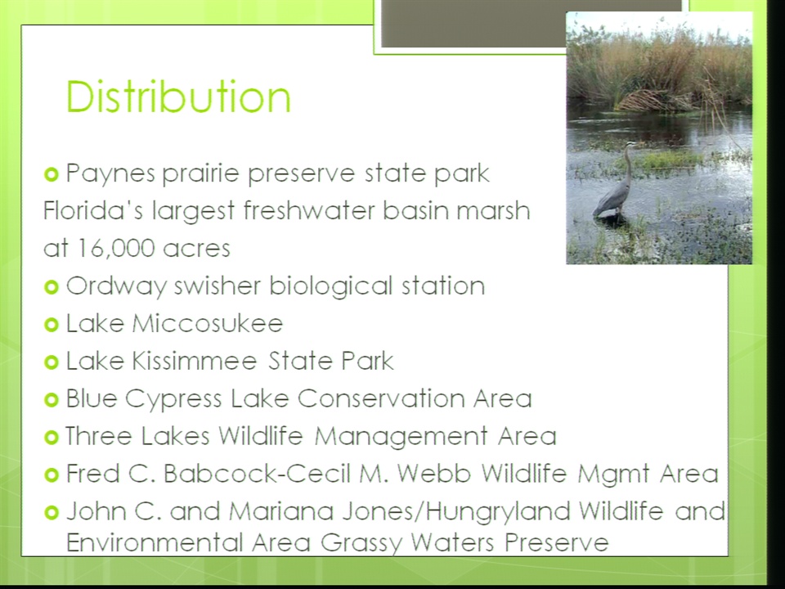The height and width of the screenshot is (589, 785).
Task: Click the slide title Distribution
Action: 178,97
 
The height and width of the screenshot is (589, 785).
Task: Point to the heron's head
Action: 630,146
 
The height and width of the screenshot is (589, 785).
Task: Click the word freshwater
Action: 309,210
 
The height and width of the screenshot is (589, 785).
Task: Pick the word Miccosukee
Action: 208,323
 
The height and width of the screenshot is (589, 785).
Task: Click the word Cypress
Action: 173,400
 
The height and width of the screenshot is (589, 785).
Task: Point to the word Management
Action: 401,437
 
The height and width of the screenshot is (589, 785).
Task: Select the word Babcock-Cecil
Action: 258,474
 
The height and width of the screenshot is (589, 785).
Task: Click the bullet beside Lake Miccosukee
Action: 52,325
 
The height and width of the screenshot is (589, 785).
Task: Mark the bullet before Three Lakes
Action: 52,437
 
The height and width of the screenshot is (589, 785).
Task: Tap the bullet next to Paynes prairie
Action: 52,174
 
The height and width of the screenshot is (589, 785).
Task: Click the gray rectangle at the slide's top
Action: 473,23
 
